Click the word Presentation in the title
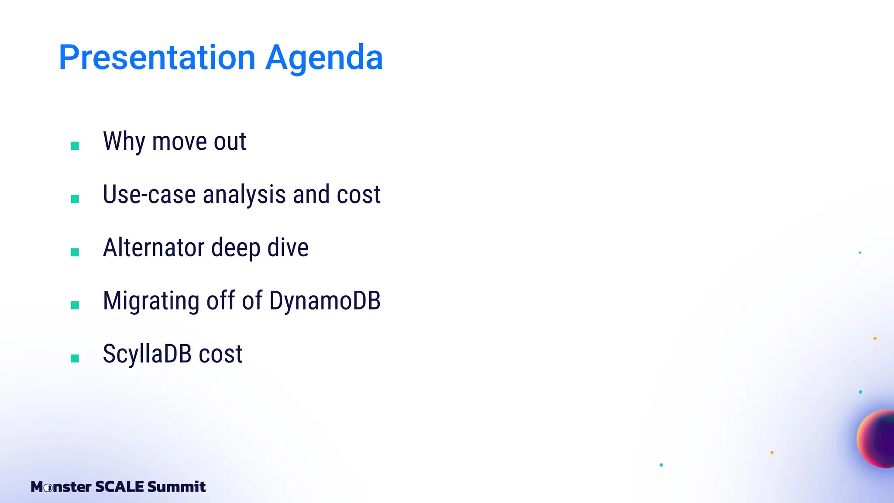tap(157, 58)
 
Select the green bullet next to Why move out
tap(75, 146)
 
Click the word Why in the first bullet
tap(124, 141)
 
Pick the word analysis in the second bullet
tap(244, 195)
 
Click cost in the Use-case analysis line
tap(358, 195)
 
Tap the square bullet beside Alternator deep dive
tap(75, 252)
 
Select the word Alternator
tap(154, 248)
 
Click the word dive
tap(288, 248)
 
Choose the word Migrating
tap(151, 301)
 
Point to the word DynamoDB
tap(325, 301)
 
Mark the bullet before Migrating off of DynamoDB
tap(75, 305)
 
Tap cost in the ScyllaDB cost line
tap(220, 354)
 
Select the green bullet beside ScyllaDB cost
tap(75, 358)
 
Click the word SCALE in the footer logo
tap(119, 486)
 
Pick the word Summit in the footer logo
tap(176, 486)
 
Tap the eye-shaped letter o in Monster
tap(48, 487)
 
